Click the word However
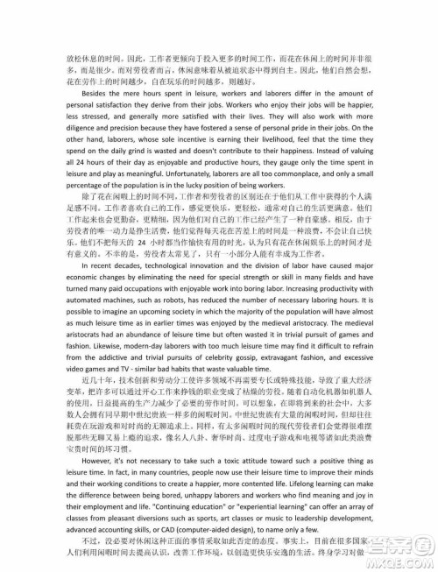101,508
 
